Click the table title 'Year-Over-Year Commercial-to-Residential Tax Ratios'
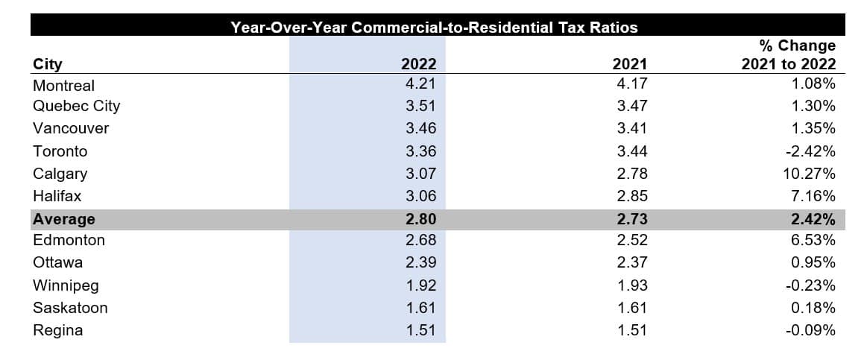point(435,28)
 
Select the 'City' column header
point(48,64)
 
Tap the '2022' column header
point(418,64)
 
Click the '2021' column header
point(629,64)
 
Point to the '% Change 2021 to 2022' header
point(789,55)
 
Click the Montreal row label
point(63,86)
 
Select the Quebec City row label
point(76,106)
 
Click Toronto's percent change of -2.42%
point(810,151)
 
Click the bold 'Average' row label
point(63,219)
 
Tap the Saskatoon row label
point(70,308)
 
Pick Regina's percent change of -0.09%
point(810,330)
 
